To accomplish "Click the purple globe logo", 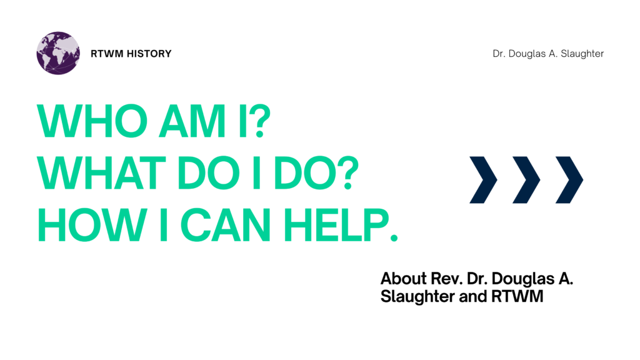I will [x=58, y=53].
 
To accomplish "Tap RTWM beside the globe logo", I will [x=104, y=54].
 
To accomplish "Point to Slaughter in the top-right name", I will [x=581, y=54].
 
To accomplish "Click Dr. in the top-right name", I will [x=499, y=54].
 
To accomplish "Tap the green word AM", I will [x=180, y=121].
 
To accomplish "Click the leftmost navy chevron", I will [x=483, y=180].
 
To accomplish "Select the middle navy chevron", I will [x=526, y=180].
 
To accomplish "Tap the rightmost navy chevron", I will [x=569, y=180].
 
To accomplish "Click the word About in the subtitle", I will [x=400, y=279].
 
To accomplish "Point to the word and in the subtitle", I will [x=472, y=297].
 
